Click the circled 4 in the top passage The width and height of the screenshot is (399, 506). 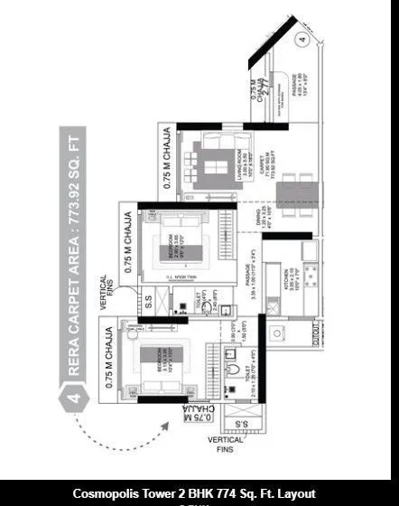click(x=302, y=40)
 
